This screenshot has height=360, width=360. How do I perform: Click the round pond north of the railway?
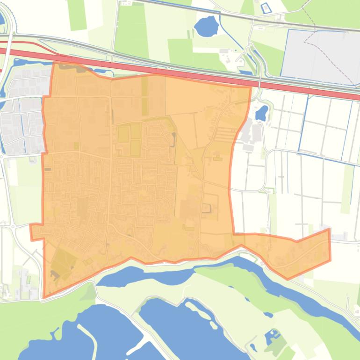(x=206, y=26)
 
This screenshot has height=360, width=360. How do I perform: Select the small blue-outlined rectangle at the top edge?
(x=266, y=7)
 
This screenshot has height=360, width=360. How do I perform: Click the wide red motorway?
(x=187, y=72)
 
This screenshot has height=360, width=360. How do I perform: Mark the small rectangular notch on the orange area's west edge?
(x=36, y=232)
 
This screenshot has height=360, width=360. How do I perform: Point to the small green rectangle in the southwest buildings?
(x=28, y=280)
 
